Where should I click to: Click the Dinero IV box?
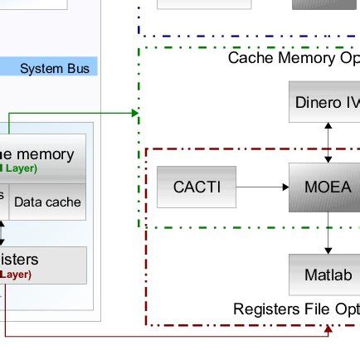click(328, 103)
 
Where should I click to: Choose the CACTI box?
click(197, 187)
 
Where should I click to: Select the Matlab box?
click(327, 275)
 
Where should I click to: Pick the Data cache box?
click(47, 202)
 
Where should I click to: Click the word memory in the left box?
click(45, 153)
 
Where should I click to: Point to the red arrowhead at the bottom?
click(328, 330)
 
